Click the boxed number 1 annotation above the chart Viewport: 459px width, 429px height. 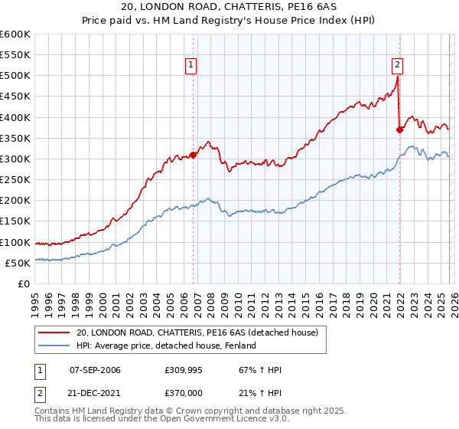point(190,66)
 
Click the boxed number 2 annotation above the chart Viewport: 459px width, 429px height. point(399,66)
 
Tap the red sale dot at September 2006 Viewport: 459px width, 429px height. point(193,155)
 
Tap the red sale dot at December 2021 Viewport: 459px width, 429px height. point(399,129)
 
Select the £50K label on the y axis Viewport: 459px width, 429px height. point(18,263)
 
